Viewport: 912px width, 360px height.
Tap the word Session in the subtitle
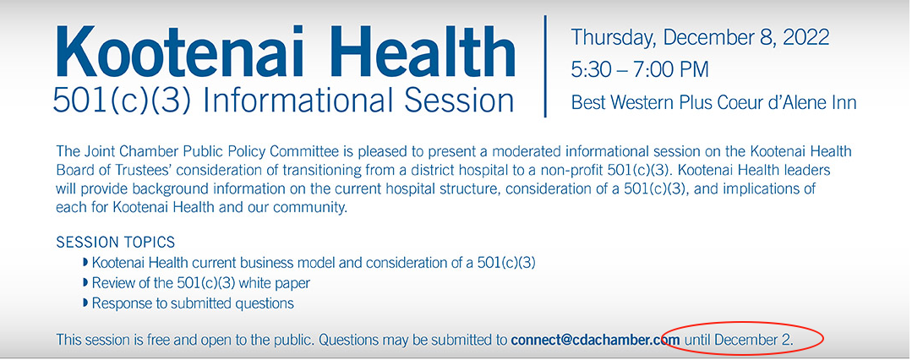[x=459, y=101]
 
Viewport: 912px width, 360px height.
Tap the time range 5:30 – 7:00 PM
[x=640, y=70]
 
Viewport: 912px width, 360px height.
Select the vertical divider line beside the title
[x=545, y=66]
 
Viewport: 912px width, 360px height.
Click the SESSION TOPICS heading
[x=116, y=242]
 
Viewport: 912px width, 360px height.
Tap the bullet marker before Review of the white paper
[x=86, y=283]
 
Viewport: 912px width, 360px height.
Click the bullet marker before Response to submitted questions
[x=86, y=303]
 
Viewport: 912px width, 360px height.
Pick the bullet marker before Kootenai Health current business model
[x=86, y=263]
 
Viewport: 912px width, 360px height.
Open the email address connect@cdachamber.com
[x=595, y=339]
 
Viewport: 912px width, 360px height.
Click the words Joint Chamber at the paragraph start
[x=124, y=152]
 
